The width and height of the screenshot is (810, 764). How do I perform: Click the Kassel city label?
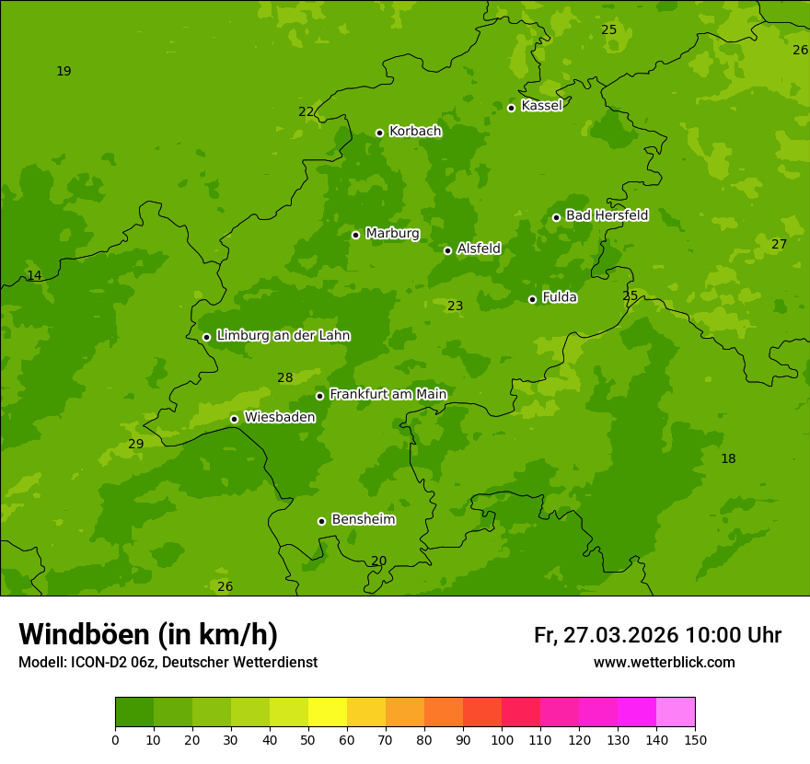[x=541, y=106]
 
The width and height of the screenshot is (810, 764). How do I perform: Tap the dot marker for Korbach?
[x=379, y=133]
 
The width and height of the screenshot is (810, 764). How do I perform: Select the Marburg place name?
[x=392, y=234]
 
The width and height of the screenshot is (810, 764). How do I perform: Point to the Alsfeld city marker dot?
[x=447, y=250]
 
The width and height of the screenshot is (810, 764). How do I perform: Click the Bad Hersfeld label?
[x=607, y=215]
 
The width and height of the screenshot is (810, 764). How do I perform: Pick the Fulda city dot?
[x=532, y=299]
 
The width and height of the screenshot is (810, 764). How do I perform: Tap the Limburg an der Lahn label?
[x=283, y=336]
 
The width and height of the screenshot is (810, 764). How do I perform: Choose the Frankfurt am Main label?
[x=388, y=394]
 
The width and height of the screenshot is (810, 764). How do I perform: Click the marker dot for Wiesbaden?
[x=234, y=419]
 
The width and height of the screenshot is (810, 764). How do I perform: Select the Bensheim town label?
[x=363, y=519]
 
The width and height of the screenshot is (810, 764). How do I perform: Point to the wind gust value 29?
[x=136, y=445]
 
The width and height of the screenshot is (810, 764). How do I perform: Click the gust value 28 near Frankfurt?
[x=285, y=377]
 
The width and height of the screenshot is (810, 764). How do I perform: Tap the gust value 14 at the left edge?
[x=34, y=276]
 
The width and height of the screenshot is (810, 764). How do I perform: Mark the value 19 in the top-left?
[x=64, y=71]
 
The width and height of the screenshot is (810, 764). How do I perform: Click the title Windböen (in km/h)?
[x=148, y=634]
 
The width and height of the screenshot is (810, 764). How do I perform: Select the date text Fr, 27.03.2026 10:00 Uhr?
[x=657, y=635]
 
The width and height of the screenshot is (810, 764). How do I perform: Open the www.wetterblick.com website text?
[x=664, y=663]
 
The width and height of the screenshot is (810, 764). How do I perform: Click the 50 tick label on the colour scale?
[x=308, y=739]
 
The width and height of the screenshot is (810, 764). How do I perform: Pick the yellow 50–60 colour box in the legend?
[x=328, y=712]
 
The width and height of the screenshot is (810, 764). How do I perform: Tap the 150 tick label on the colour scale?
[x=695, y=739]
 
